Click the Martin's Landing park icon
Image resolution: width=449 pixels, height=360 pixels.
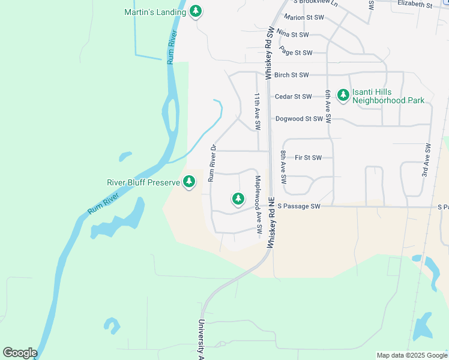[195, 11]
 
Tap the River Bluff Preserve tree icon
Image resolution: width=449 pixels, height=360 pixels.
[189, 181]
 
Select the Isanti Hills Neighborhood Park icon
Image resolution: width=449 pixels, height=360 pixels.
[343, 95]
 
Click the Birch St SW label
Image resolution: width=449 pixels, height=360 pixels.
[291, 75]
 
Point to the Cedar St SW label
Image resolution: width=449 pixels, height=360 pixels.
[293, 97]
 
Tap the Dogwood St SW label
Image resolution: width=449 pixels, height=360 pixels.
[300, 119]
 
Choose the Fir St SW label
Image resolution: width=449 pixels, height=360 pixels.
[309, 158]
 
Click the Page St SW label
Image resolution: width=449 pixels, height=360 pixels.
[296, 53]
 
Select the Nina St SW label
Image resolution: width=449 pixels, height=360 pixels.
[292, 35]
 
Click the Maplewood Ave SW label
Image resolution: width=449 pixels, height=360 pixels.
[258, 205]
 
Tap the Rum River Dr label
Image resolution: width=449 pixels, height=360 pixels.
[212, 163]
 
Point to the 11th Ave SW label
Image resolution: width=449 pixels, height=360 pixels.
[257, 112]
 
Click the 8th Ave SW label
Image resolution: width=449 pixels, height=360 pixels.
[283, 167]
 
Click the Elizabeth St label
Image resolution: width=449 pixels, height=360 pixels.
[415, 4]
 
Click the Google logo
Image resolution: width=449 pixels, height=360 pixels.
[20, 353]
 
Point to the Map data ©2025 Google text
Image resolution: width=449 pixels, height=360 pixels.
[412, 355]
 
